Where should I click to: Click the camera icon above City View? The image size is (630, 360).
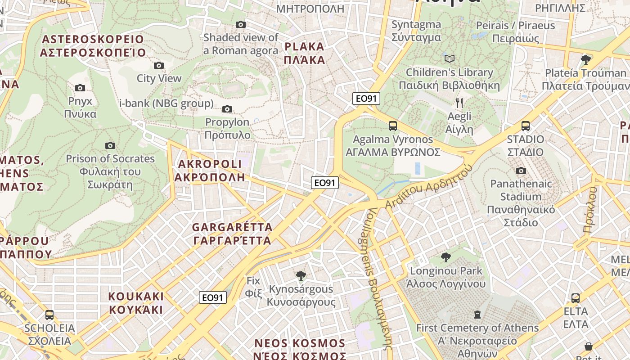[158, 66]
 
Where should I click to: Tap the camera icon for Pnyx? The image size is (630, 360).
[80, 88]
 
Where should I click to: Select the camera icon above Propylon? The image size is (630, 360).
[227, 109]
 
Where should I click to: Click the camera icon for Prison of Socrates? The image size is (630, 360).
[110, 145]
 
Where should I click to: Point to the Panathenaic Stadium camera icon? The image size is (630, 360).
[521, 171]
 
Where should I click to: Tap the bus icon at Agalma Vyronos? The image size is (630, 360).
[393, 126]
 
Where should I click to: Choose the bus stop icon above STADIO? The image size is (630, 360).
[525, 126]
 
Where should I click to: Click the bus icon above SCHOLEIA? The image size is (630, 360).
[49, 315]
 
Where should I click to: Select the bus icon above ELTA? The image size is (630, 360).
[576, 298]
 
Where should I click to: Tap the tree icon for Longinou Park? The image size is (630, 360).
[446, 257]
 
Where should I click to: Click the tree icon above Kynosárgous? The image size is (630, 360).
[301, 276]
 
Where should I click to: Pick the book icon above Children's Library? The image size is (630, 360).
[449, 59]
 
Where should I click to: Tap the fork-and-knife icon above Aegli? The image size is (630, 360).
[459, 103]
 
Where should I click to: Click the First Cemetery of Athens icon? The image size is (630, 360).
[477, 314]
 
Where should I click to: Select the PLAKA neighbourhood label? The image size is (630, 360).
[305, 53]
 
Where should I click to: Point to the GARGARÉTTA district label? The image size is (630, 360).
[232, 233]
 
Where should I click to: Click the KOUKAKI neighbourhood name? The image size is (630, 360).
[136, 303]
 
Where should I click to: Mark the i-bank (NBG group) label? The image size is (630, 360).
[166, 104]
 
